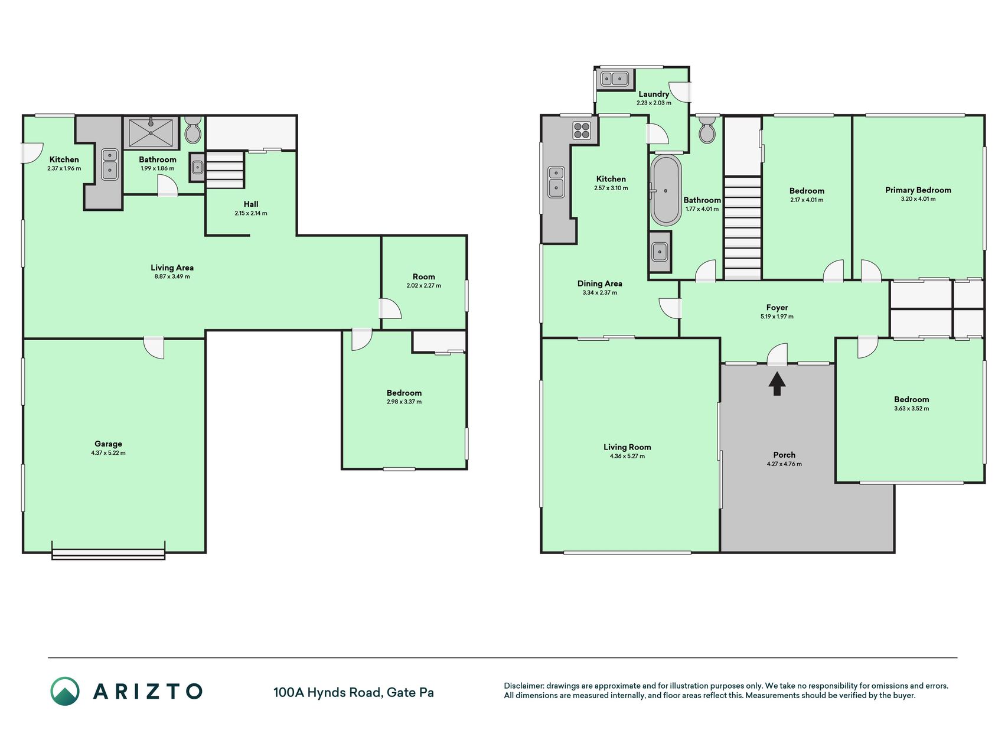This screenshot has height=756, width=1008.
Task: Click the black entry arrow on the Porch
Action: (777, 383)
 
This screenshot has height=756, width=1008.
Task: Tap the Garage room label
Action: (108, 444)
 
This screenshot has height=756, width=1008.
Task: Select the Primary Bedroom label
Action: (918, 190)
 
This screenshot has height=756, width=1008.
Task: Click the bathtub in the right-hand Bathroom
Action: (666, 190)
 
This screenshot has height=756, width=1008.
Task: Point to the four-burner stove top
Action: (582, 130)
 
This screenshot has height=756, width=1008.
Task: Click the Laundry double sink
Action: (615, 79)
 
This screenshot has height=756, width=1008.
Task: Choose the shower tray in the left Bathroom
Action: (151, 133)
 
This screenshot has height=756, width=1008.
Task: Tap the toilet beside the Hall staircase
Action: (193, 130)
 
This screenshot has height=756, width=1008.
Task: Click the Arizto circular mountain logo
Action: (65, 691)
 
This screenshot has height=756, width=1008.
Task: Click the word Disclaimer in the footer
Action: (523, 686)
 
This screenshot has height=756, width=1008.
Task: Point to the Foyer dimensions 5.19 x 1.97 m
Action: (777, 317)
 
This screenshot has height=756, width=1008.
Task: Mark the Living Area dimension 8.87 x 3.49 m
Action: (172, 276)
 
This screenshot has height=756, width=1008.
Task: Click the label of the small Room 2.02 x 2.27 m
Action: (423, 276)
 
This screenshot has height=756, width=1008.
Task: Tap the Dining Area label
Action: (599, 283)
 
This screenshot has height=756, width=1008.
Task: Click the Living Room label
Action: (627, 447)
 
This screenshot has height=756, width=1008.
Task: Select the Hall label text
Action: (251, 204)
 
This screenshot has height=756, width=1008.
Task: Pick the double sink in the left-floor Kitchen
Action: (110, 164)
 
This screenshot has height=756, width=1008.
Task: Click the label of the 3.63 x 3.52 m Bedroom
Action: (911, 399)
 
